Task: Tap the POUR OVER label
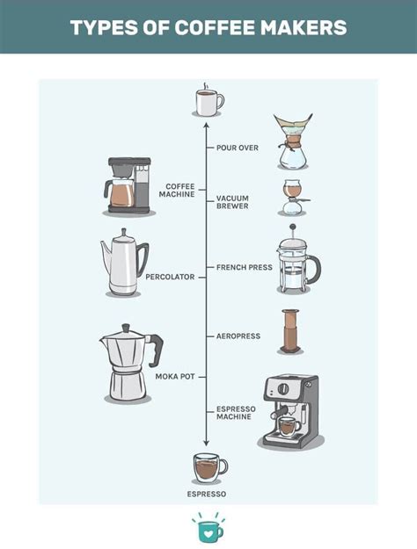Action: pos(238,148)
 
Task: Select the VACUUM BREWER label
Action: pos(232,203)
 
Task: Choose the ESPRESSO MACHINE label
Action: pos(236,413)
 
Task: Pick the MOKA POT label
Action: pos(175,376)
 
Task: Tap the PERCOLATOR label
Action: pos(170,277)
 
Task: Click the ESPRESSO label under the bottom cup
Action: pos(207,495)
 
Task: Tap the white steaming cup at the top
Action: pos(208,102)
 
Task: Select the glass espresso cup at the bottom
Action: pos(208,467)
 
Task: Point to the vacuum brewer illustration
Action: pos(293,199)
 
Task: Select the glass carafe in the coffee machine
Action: pos(121,193)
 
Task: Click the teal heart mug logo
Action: pos(208,530)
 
